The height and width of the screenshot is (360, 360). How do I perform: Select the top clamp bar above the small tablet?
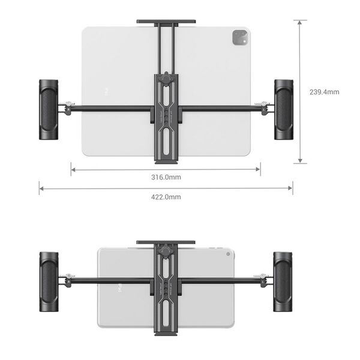click(166, 243)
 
